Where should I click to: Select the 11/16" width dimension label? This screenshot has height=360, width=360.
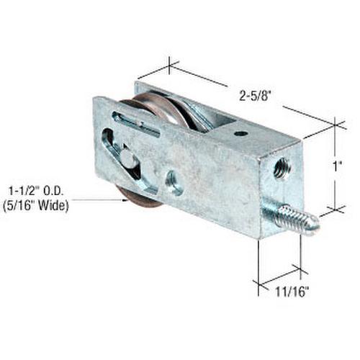[290, 291]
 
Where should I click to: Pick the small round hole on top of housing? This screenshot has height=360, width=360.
[240, 133]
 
